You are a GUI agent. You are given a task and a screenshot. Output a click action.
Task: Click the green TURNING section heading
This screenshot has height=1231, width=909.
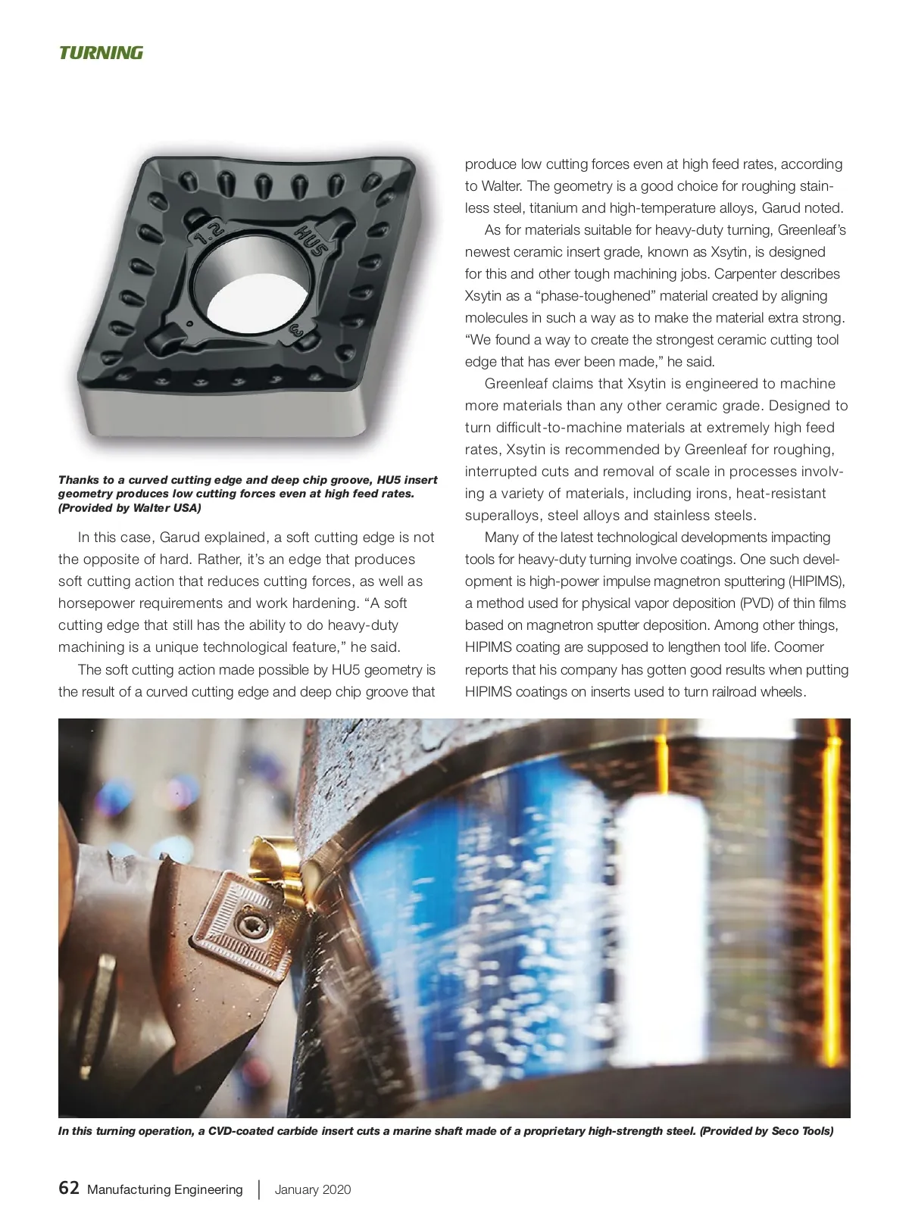click(101, 53)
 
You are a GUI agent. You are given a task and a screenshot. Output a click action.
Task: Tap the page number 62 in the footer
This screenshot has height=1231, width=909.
click(69, 1188)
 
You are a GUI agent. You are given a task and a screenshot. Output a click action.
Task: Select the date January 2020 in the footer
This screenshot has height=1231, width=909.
click(313, 1189)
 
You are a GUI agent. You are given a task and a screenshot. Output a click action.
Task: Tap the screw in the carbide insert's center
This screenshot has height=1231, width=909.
click(245, 923)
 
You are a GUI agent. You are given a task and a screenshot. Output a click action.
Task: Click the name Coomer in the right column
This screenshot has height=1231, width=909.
click(798, 647)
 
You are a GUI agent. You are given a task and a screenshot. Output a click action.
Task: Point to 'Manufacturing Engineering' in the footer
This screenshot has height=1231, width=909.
click(165, 1189)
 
